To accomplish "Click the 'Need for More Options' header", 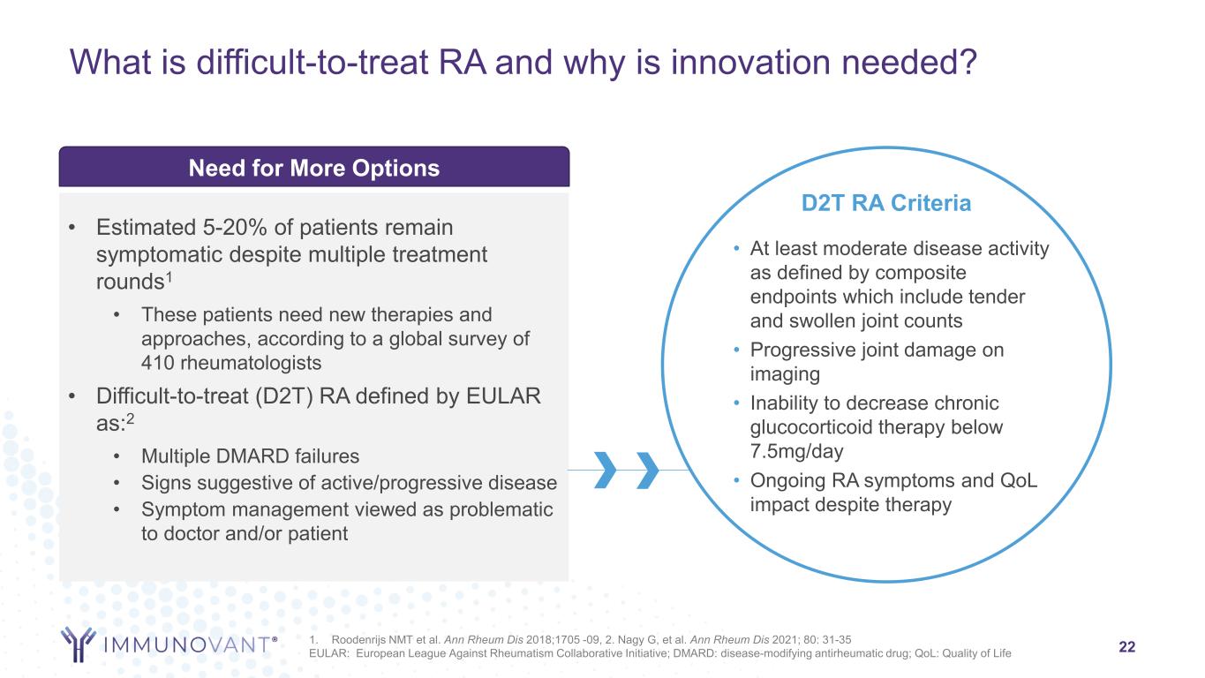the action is (x=314, y=168).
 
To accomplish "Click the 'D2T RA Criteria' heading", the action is (x=886, y=203).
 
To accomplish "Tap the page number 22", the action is (x=1127, y=646).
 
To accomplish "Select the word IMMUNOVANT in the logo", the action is (x=187, y=644).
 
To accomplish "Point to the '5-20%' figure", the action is (x=235, y=227).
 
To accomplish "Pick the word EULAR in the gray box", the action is (x=503, y=396).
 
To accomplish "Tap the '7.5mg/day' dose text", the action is (x=796, y=451).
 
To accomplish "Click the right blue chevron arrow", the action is (x=647, y=470).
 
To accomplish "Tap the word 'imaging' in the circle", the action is (x=785, y=374).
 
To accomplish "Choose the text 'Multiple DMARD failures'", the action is (x=250, y=456).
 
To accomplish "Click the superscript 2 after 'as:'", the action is (x=130, y=418).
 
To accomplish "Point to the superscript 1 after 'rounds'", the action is (x=169, y=276).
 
